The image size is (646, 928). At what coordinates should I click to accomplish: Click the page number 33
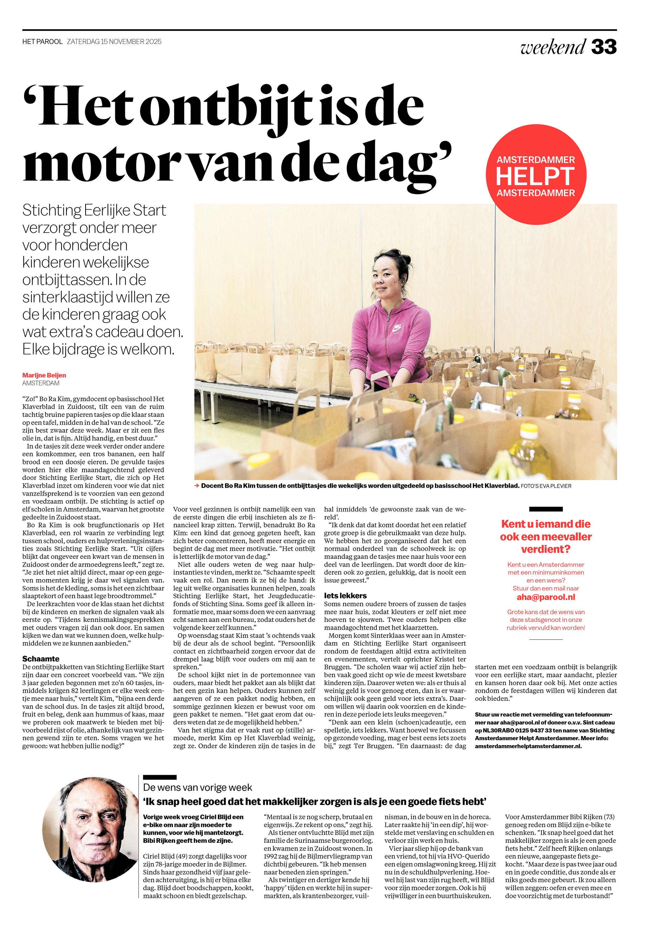click(x=603, y=47)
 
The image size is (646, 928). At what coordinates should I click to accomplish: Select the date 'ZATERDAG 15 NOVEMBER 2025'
click(x=114, y=42)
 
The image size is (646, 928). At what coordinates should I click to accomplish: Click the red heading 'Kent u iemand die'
click(x=546, y=524)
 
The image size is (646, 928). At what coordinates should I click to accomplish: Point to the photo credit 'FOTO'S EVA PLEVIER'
click(x=546, y=486)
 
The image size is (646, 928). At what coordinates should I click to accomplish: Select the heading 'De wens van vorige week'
click(x=197, y=787)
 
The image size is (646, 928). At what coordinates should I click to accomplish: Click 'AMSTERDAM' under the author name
click(x=41, y=383)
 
